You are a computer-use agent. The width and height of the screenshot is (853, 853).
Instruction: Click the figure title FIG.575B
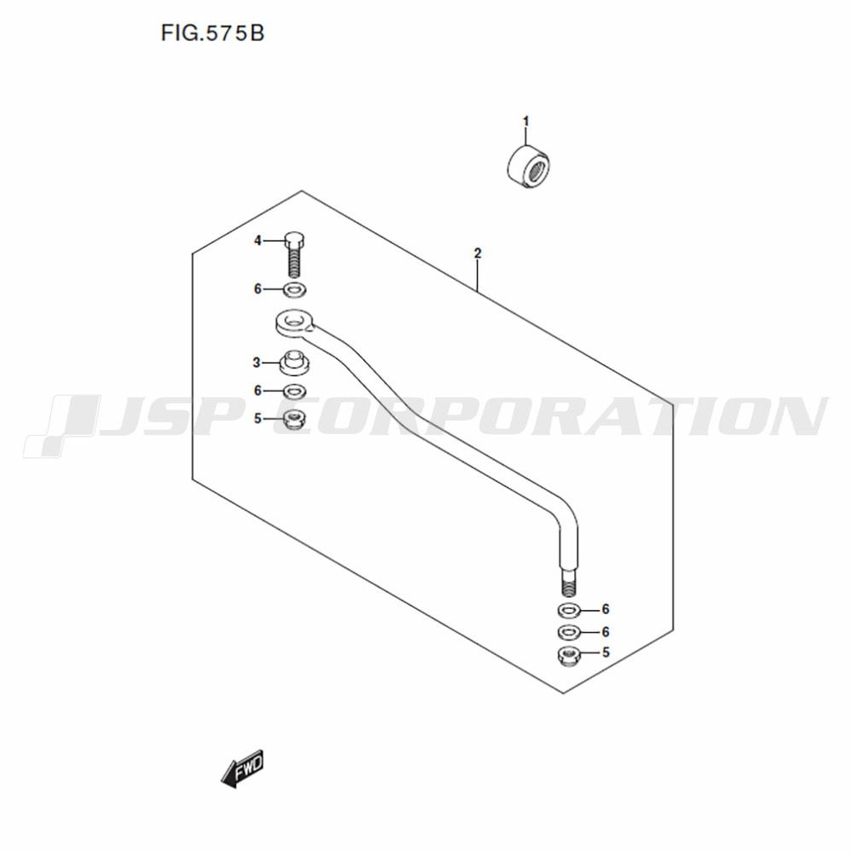(x=212, y=33)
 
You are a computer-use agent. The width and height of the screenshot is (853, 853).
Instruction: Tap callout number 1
(x=525, y=121)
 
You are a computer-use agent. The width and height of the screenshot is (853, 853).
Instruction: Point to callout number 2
(x=478, y=253)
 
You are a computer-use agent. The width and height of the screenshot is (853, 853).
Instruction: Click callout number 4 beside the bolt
(x=258, y=241)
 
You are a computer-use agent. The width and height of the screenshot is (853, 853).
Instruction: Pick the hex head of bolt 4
(x=294, y=240)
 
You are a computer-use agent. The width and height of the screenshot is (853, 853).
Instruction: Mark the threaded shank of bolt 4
(x=294, y=262)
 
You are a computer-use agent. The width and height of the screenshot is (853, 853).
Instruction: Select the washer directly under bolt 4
(x=294, y=289)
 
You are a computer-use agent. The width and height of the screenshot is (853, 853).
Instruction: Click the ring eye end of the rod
(x=294, y=322)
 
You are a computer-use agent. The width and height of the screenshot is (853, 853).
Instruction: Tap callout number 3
(x=257, y=363)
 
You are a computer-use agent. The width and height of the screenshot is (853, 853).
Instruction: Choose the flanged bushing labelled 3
(x=294, y=363)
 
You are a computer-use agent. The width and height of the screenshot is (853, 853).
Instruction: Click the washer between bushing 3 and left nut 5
(x=294, y=391)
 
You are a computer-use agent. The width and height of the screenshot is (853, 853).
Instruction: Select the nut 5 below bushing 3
(x=294, y=418)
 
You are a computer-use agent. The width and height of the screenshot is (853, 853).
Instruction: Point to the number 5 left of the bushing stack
(x=258, y=418)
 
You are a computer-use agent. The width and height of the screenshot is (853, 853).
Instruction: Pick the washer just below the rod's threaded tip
(x=569, y=611)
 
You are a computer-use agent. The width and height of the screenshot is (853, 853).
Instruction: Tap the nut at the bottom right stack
(x=569, y=656)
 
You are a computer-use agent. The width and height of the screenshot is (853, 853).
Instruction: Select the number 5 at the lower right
(x=606, y=652)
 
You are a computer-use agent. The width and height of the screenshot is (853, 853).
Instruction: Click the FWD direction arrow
(x=242, y=769)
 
